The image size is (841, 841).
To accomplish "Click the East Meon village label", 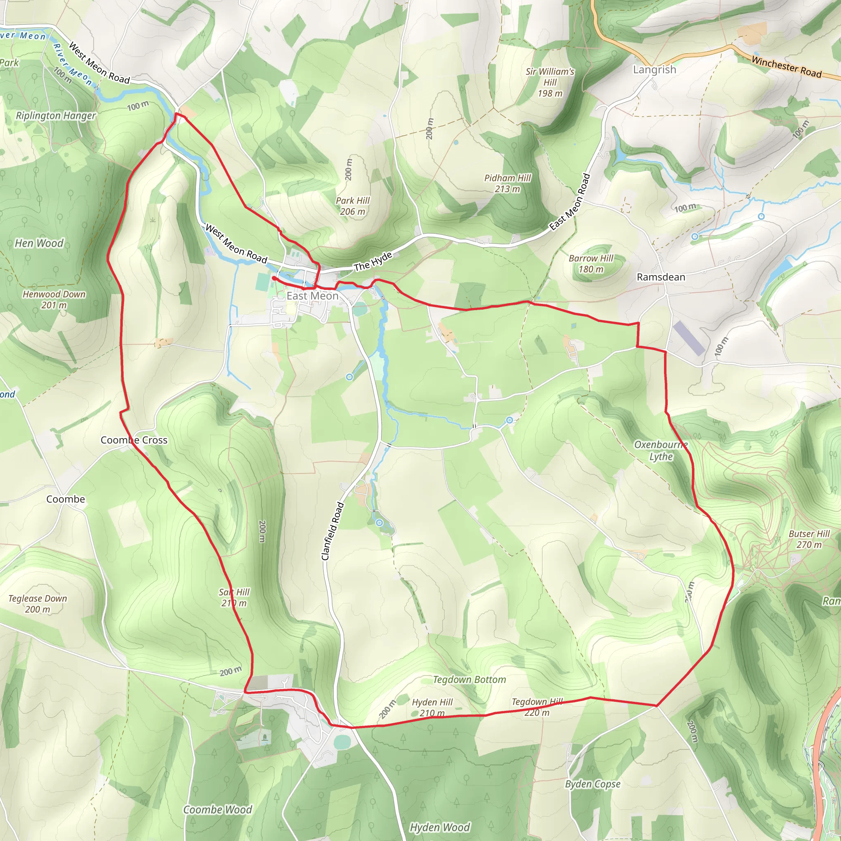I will click(x=312, y=296).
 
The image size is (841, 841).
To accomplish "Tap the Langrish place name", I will click(x=654, y=70).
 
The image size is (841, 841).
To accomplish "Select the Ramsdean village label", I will click(x=660, y=277).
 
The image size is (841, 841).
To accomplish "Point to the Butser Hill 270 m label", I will click(x=809, y=539).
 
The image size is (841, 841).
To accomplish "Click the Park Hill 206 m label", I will click(x=353, y=206).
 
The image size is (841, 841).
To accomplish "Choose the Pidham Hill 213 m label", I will click(x=508, y=183).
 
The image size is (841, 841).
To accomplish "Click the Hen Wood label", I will click(x=39, y=243).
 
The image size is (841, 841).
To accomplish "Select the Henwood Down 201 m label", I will click(x=54, y=299).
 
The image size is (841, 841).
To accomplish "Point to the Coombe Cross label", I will click(x=134, y=440).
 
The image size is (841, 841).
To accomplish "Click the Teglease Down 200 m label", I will click(x=37, y=604).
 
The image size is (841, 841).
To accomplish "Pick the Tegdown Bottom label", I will click(x=469, y=680).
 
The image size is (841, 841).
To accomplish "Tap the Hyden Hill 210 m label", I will click(x=432, y=708).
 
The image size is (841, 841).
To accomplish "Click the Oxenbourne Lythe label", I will click(x=661, y=450).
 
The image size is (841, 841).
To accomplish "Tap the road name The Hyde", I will click(x=373, y=261).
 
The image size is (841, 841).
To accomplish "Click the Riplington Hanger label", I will click(x=56, y=116).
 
